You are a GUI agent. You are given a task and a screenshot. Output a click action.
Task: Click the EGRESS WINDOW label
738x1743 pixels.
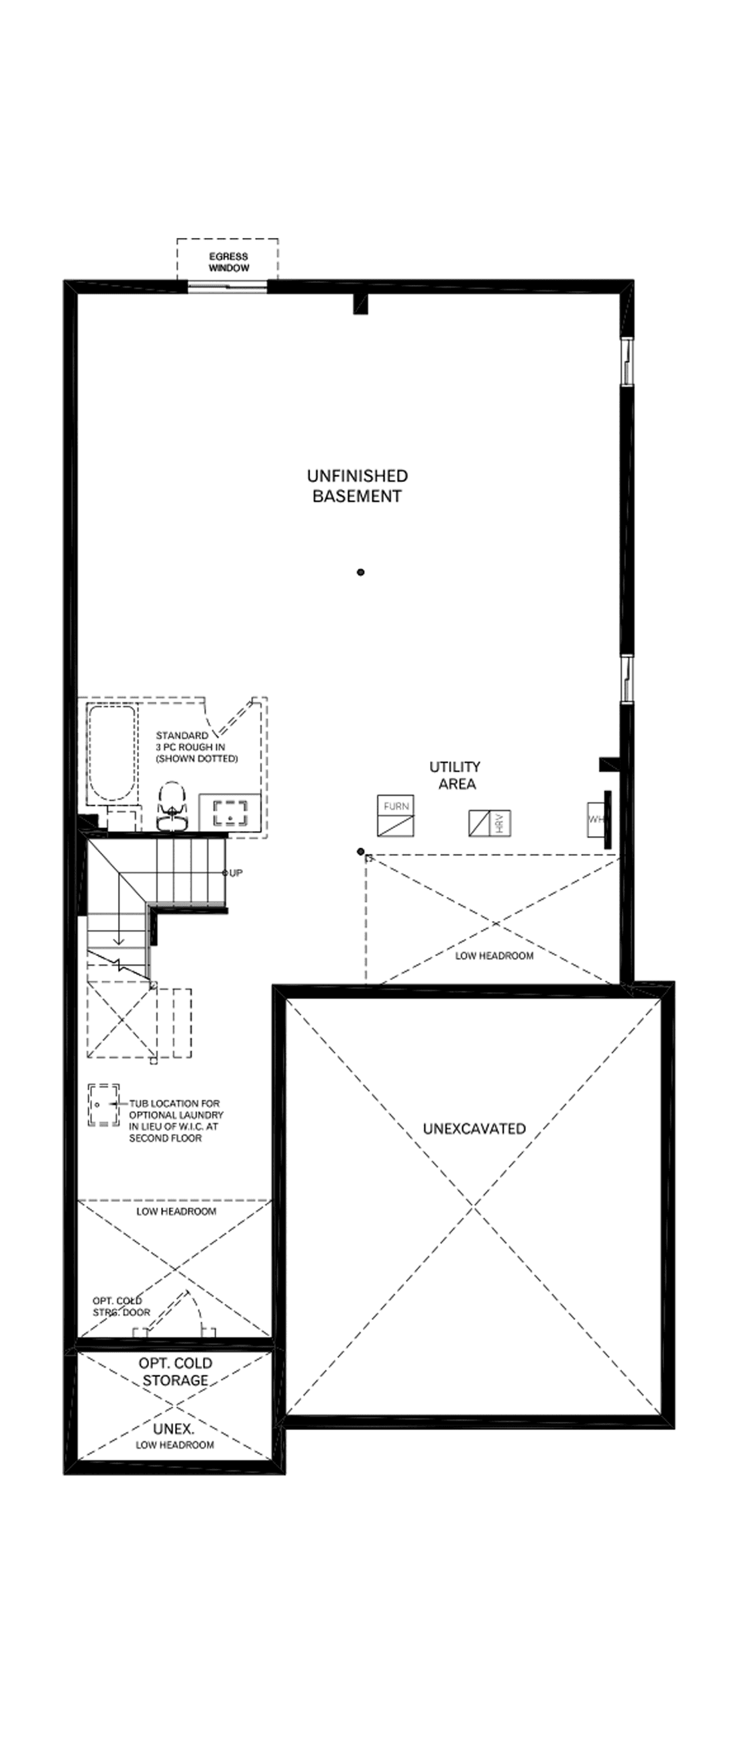228,262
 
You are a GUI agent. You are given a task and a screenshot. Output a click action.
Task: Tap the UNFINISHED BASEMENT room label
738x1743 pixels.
357,486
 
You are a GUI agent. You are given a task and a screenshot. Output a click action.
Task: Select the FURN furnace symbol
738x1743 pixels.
395,815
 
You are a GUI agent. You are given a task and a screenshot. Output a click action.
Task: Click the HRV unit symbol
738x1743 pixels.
490,823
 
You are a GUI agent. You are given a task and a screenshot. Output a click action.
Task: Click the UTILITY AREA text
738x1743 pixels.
455,775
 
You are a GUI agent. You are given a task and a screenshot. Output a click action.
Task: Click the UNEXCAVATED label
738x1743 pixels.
474,1129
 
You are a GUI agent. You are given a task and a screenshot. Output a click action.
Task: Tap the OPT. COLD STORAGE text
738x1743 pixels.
175,1372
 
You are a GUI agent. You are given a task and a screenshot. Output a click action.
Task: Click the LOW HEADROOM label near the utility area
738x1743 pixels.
494,956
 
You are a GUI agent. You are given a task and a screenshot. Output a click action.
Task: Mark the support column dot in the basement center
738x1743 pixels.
361,572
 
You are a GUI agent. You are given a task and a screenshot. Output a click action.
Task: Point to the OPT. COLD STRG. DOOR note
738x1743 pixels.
121,1307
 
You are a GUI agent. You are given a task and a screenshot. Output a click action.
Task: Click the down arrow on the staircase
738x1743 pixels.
119,937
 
